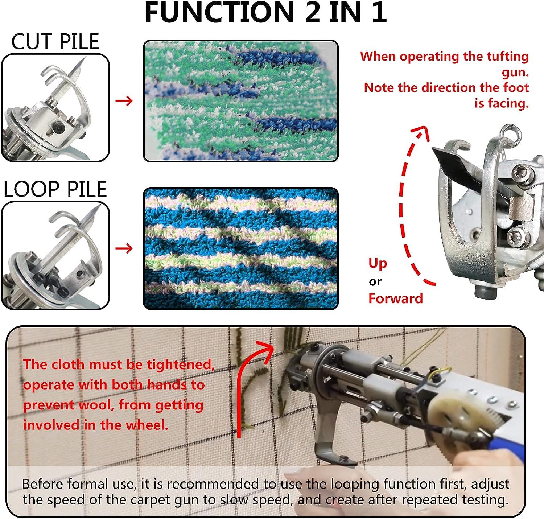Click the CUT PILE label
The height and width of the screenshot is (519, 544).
55,41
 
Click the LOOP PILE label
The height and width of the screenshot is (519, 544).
55,189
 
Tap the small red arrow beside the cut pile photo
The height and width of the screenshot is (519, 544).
124,101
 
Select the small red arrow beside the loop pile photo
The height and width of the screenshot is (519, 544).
124,248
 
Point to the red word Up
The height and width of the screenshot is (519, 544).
378,264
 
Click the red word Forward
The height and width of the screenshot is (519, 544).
396,298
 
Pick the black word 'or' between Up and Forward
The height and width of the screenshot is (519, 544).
375,282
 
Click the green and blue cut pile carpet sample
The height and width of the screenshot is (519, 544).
241,101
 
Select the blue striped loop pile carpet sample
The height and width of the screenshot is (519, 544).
241,248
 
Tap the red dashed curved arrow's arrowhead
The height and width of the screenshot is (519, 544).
420,133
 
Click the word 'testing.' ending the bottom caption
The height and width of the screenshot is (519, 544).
485,500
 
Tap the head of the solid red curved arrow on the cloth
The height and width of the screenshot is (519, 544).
265,349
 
